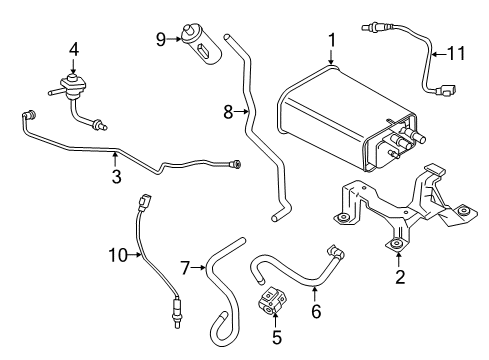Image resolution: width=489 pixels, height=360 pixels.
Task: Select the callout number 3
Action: click(x=115, y=177)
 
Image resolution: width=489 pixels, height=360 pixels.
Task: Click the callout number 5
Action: click(x=278, y=337)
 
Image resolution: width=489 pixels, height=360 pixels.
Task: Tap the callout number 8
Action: click(x=228, y=113)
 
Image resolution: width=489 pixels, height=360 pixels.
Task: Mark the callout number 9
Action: click(x=160, y=40)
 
